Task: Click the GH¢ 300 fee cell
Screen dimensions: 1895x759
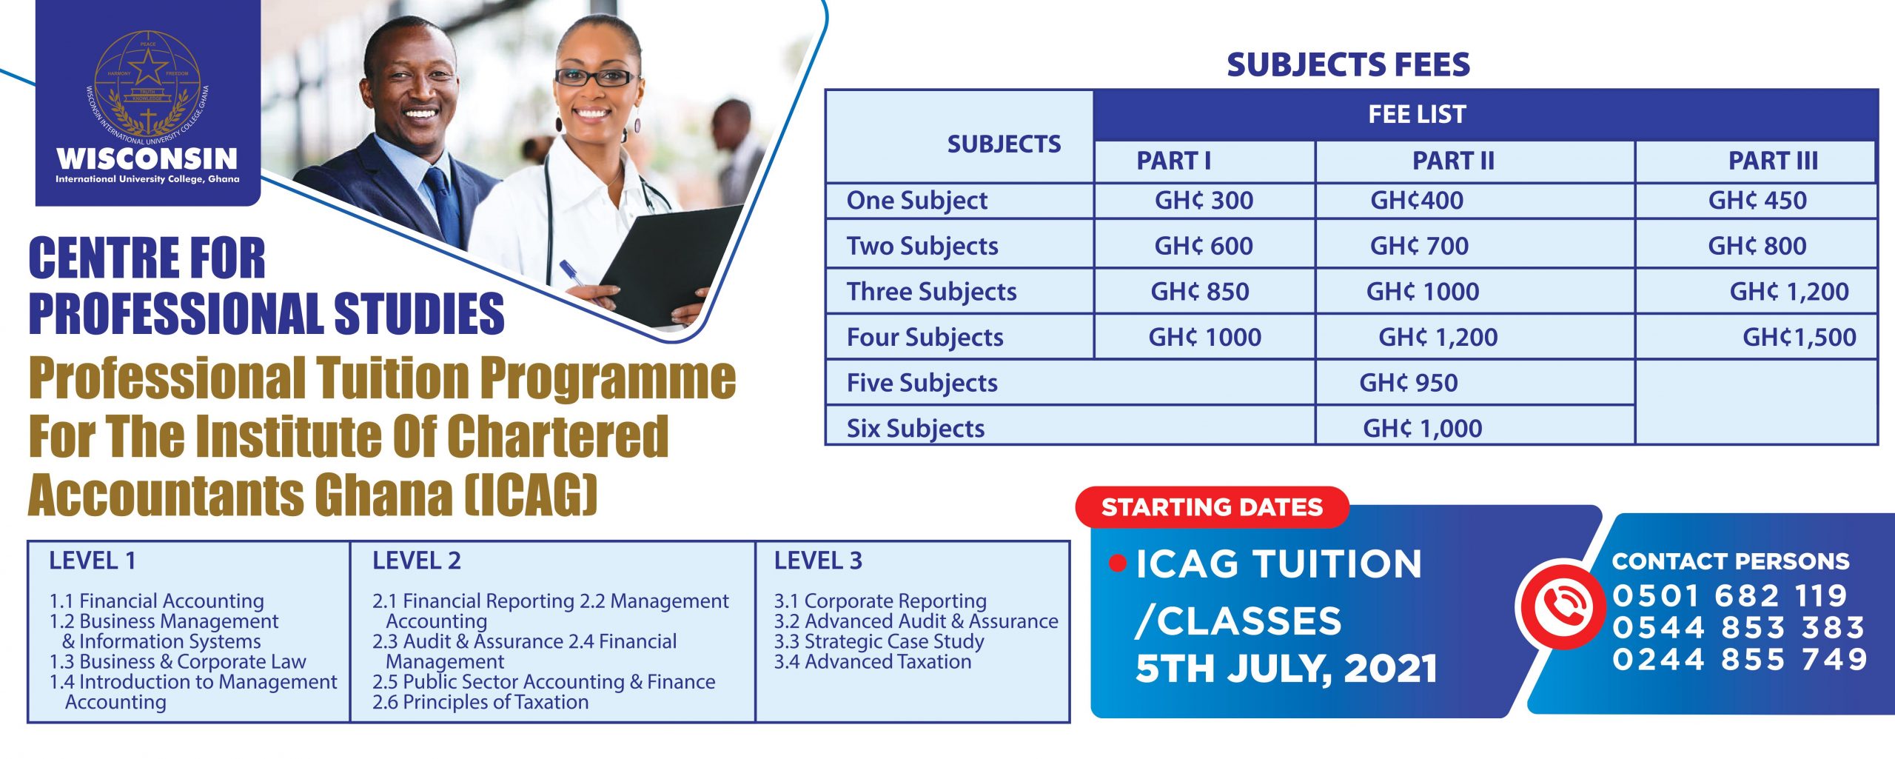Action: coord(1204,200)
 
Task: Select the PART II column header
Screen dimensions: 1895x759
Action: coord(1453,161)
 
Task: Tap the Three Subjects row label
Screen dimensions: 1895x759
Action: coord(931,291)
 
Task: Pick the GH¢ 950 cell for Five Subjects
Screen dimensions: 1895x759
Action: coord(1408,383)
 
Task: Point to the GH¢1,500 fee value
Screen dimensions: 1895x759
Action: coord(1799,338)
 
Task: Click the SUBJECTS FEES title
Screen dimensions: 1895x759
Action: coord(1348,64)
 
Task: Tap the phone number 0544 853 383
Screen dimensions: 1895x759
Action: coord(1738,627)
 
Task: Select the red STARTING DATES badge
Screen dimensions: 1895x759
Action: coord(1212,507)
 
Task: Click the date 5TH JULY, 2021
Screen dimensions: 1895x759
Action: coord(1286,669)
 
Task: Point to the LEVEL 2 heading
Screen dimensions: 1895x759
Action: coord(416,561)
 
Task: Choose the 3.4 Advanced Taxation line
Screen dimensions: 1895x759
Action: coord(873,661)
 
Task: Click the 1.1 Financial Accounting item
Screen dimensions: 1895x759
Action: coord(156,601)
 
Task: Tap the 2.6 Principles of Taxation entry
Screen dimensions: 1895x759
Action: coord(480,702)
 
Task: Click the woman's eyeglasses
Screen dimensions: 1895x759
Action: coord(596,77)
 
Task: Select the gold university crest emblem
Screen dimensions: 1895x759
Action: coord(148,87)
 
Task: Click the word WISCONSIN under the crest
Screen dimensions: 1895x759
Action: coord(147,158)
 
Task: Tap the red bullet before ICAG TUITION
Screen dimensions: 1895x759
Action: coord(1118,564)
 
